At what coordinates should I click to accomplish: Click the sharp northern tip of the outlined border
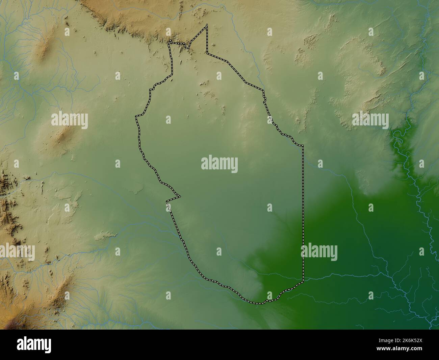click(x=207, y=25)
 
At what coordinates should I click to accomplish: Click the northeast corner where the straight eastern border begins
click(x=303, y=146)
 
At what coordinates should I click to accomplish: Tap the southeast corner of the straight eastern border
click(x=303, y=281)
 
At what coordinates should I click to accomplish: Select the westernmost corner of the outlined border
click(x=136, y=116)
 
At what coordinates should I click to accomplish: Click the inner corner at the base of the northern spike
click(x=207, y=53)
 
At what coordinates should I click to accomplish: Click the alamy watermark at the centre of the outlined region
click(x=219, y=164)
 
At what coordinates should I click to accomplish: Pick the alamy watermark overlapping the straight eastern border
click(x=319, y=252)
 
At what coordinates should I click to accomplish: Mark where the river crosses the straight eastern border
click(x=303, y=279)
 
